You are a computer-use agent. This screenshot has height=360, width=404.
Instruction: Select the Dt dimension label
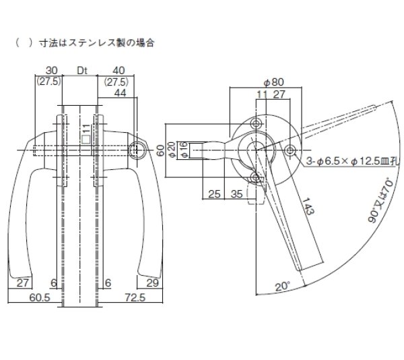pos(82,69)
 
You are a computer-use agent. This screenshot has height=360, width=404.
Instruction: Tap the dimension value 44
pos(121,93)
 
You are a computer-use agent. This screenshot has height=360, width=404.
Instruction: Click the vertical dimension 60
pos(161,149)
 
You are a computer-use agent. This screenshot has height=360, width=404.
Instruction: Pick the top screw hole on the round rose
pos(257,123)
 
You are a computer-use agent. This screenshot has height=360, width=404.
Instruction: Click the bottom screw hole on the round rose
pos(257,176)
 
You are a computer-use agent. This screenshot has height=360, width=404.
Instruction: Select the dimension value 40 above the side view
pos(119,69)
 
